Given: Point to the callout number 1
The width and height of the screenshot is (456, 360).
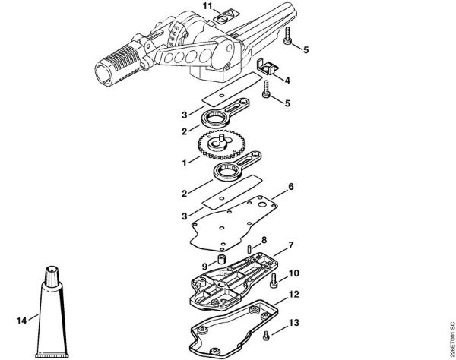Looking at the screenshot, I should tap(185, 160).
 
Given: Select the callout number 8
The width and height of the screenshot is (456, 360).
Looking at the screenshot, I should tap(264, 241).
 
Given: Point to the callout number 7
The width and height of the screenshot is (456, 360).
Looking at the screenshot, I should tap(289, 247).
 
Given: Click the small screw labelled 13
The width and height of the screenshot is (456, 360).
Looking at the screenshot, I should tap(266, 337).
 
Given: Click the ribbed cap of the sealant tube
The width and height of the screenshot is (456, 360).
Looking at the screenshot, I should tap(54, 273).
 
